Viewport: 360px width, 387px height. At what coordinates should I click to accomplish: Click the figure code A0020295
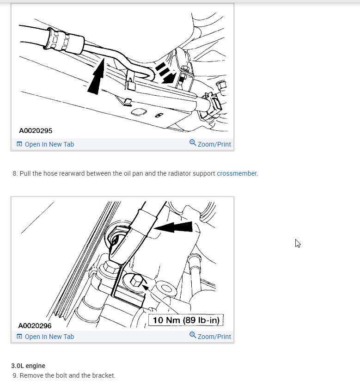pos(36,131)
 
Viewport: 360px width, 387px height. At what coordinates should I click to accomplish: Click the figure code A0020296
pos(36,326)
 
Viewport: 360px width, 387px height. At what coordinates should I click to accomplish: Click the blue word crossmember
pos(237,173)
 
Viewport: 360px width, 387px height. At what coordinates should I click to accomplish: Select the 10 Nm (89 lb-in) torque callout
pos(186,320)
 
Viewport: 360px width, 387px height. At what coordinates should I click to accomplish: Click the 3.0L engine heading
pos(28,366)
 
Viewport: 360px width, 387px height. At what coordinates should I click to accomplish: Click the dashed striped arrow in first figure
pos(165,73)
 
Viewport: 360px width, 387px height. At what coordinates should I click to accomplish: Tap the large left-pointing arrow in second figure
pos(174,227)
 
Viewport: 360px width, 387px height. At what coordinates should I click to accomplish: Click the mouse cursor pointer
pos(298,243)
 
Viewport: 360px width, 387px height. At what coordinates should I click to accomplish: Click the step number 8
pos(15,173)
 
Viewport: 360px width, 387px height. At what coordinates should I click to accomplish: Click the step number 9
pos(15,375)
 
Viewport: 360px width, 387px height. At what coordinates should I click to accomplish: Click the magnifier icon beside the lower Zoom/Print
pos(193,335)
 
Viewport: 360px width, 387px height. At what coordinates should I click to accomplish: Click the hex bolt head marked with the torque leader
pos(136,280)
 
